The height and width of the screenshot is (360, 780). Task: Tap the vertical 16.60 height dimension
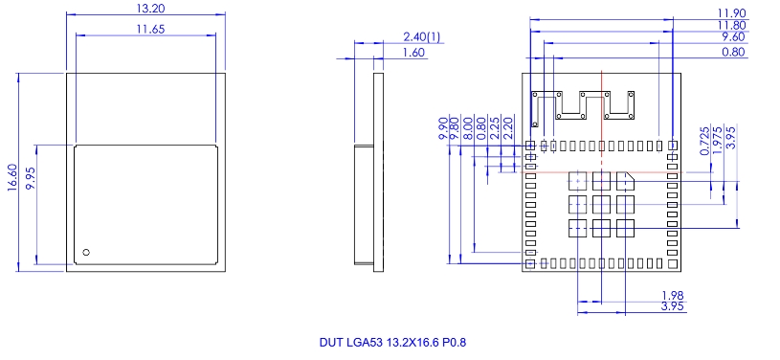pos(12,177)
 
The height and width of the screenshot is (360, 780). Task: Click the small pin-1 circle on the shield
pos(86,253)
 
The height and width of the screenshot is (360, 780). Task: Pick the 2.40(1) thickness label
pos(422,36)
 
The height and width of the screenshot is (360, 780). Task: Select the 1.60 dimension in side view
pos(413,53)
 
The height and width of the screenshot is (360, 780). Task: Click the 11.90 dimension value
pos(732,12)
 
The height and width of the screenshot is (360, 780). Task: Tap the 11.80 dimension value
pos(732,25)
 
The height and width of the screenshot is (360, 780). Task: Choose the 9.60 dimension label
pos(733,37)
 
